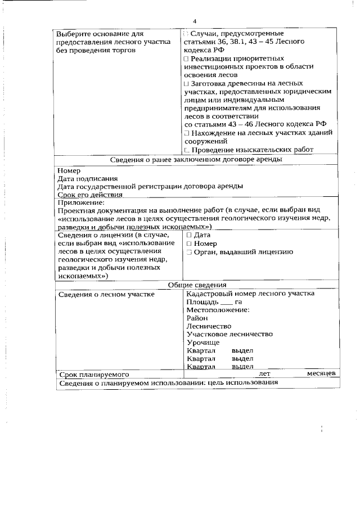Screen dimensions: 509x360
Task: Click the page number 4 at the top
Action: coord(195,21)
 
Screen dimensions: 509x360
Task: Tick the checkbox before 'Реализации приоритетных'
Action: coord(187,58)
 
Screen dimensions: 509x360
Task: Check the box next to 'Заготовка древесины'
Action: coord(187,83)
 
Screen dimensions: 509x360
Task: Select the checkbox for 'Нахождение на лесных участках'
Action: coord(187,133)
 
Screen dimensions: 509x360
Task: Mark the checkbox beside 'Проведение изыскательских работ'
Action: coord(187,150)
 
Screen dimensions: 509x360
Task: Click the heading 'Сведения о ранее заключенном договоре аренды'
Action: coord(196,159)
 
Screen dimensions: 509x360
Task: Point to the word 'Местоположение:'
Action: coord(218,310)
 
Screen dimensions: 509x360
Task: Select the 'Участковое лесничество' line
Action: coord(229,334)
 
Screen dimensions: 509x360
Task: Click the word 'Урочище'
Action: coord(203,342)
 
